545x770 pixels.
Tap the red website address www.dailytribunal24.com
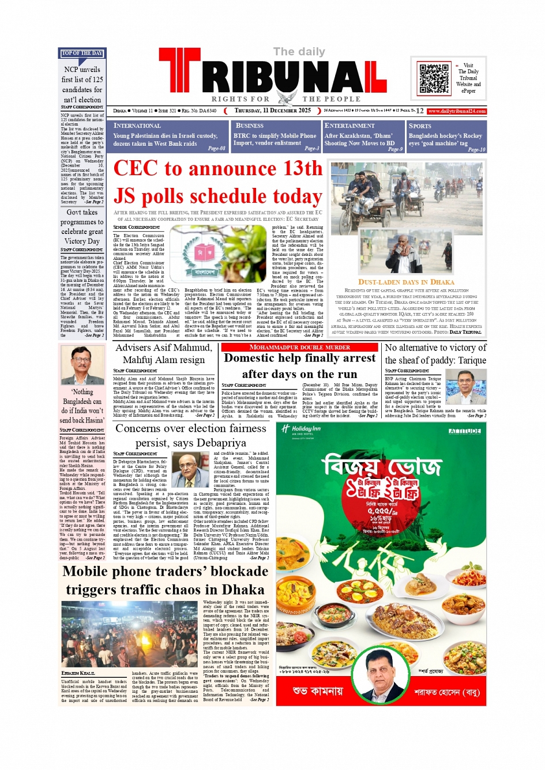click(457, 111)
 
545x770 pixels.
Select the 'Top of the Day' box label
click(82, 54)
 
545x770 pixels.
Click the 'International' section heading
click(137, 126)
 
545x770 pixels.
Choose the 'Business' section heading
click(249, 126)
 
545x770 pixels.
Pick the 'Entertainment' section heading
click(349, 126)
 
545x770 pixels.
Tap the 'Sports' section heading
click(420, 126)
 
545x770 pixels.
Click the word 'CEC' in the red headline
click(136, 169)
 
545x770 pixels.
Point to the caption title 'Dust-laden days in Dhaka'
click(406, 282)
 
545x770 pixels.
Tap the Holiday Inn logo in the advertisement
click(300, 429)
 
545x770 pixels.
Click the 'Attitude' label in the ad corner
click(464, 431)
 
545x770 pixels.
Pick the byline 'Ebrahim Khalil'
click(78, 673)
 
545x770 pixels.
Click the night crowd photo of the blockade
click(129, 634)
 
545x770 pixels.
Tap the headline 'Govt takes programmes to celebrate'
click(82, 227)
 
